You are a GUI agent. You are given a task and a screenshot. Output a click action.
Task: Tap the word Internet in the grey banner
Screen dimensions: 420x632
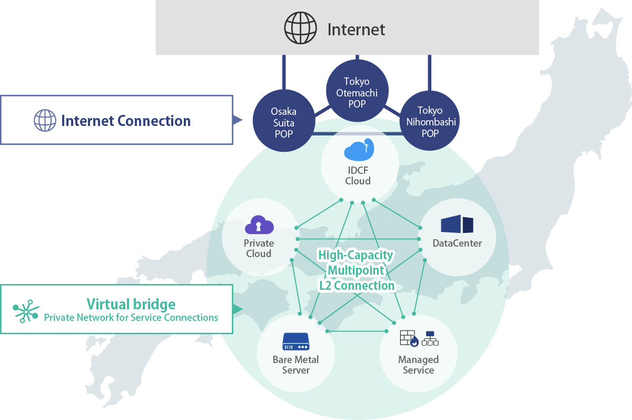(356, 30)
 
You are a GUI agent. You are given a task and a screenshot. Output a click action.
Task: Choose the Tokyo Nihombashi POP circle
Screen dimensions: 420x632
(430, 122)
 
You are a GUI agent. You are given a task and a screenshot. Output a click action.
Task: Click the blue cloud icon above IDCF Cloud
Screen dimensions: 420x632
(358, 150)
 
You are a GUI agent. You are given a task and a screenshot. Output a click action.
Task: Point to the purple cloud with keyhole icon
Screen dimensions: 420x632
(259, 225)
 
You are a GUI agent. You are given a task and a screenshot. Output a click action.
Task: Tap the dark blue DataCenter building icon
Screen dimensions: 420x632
(457, 224)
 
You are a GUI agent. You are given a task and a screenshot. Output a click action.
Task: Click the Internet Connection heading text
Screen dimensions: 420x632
(126, 121)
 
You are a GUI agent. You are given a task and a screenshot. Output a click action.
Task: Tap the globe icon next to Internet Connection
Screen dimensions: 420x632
(45, 120)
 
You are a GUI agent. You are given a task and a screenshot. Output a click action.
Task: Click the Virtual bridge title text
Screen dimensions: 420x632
(131, 304)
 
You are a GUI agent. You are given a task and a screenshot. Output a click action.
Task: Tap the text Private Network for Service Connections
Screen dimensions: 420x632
(131, 318)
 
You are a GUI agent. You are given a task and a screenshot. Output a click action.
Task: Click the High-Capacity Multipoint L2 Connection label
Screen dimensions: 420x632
(356, 270)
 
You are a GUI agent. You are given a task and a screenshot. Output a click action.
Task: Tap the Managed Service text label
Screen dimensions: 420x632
(418, 365)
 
